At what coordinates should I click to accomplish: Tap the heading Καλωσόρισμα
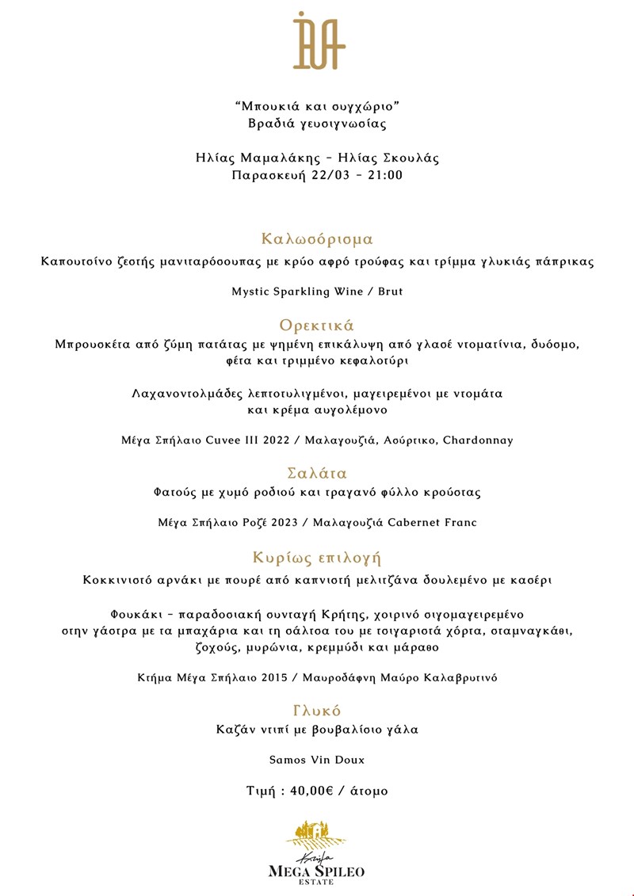[317, 239]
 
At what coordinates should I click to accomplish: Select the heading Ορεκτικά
[317, 326]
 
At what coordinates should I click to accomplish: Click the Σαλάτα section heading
[317, 474]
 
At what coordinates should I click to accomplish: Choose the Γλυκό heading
[317, 711]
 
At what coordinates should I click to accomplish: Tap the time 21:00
[384, 175]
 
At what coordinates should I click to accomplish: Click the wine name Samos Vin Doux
[317, 760]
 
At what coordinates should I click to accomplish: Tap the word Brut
[390, 292]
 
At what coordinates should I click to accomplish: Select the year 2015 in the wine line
[268, 677]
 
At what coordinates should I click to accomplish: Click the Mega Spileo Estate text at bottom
[317, 871]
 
